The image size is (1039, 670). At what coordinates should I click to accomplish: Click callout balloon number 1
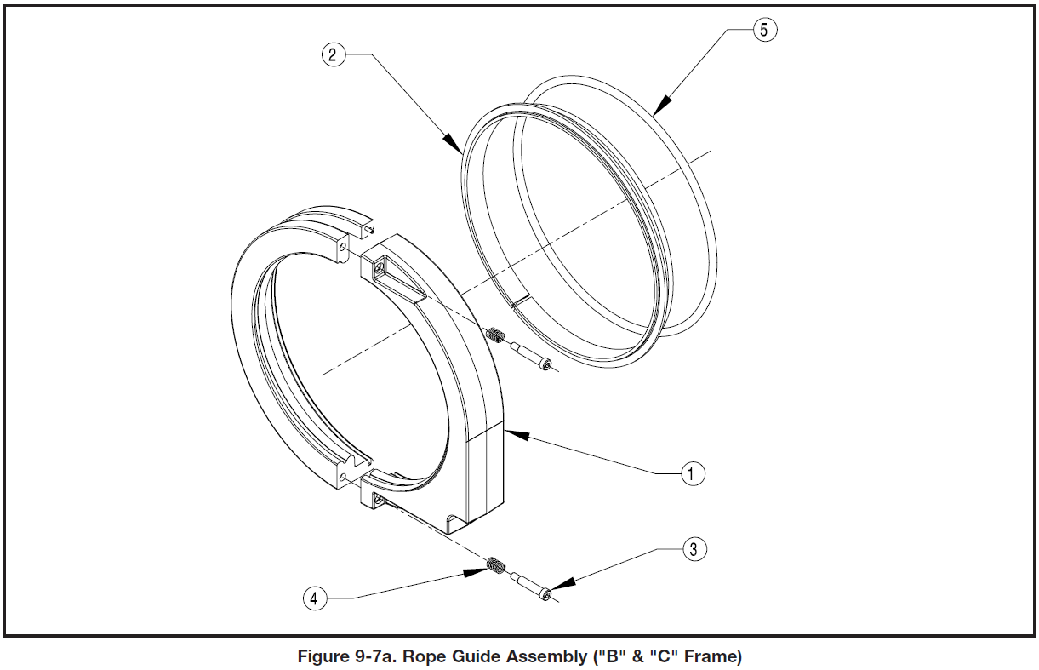click(693, 473)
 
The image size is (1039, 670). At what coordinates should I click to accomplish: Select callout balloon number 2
click(333, 55)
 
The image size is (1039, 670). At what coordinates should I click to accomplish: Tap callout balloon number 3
click(694, 549)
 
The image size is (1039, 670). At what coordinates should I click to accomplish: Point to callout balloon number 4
click(314, 598)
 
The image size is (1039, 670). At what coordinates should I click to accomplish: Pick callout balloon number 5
click(763, 30)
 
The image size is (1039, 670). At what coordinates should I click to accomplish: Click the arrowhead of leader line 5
click(656, 111)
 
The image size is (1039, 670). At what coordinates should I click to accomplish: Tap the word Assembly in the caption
click(545, 657)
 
